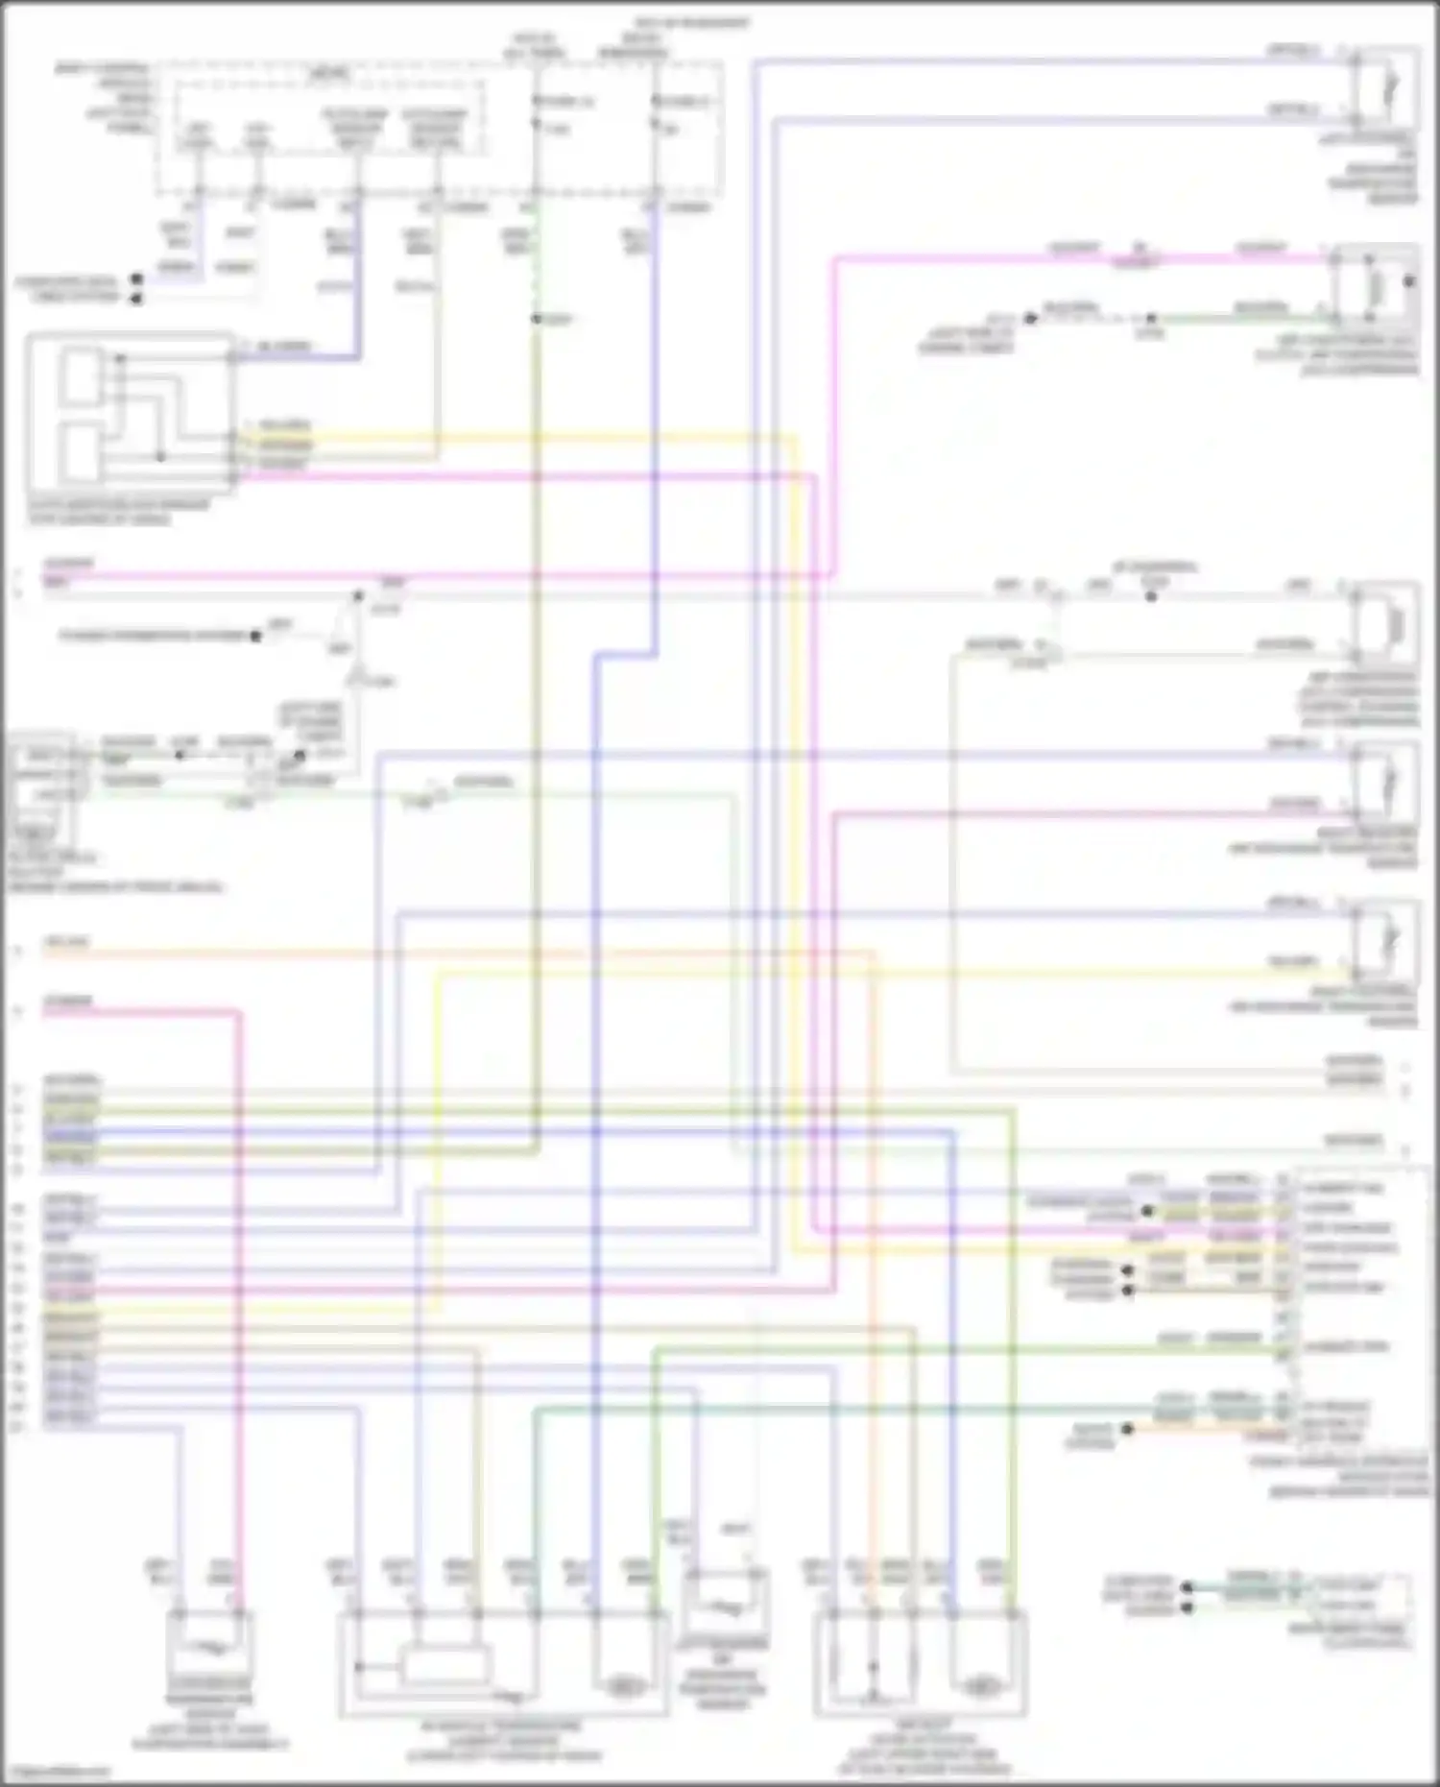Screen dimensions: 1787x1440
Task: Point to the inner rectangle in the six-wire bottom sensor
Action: [445, 1665]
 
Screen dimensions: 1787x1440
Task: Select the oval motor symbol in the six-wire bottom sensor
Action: [625, 1685]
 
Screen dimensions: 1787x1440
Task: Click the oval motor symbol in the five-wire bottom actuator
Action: [980, 1685]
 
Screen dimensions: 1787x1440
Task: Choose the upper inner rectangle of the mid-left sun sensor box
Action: [82, 377]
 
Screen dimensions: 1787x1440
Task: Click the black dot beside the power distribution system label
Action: [255, 636]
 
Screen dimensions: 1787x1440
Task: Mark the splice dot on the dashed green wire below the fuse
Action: [537, 319]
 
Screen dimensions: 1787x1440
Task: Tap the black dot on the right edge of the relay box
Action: [1409, 282]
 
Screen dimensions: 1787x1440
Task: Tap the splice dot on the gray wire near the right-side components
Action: [1151, 596]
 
